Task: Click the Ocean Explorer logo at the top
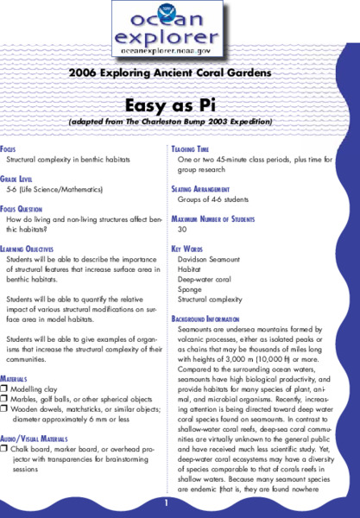[169, 30]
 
